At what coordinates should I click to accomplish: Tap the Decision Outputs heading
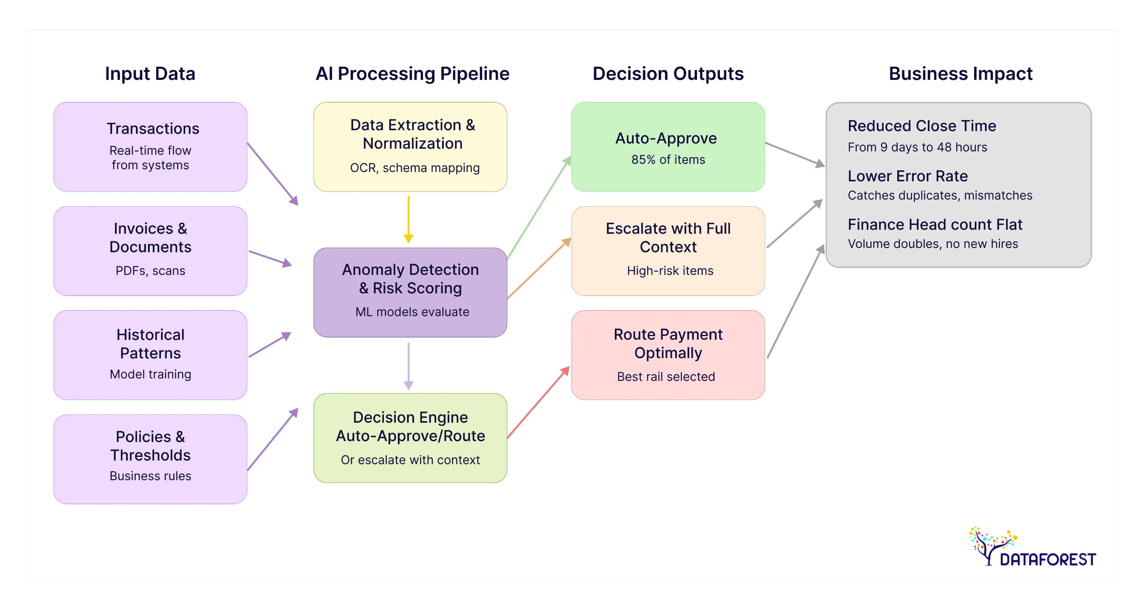[668, 73]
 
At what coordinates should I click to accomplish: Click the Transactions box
[150, 147]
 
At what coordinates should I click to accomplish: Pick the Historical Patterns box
[150, 355]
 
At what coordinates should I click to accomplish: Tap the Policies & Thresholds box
[150, 459]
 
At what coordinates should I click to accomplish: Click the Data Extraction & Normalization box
[410, 147]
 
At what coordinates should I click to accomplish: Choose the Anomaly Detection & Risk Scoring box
[410, 292]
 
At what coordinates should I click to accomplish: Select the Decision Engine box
[410, 438]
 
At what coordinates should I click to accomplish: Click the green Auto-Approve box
[668, 147]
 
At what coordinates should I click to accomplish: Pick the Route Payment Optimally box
[668, 355]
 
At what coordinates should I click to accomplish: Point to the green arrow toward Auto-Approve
[539, 207]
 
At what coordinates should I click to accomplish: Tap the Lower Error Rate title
[907, 176]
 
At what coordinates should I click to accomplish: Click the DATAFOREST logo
[1032, 548]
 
